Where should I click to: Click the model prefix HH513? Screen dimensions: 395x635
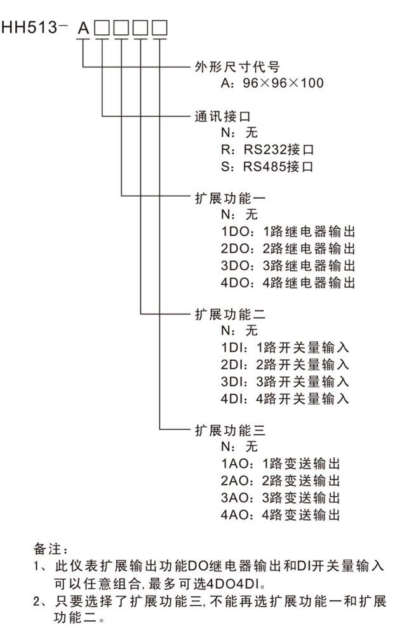coord(29,27)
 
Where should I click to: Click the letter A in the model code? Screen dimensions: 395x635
coord(83,29)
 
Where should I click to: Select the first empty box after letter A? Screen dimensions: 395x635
coord(101,28)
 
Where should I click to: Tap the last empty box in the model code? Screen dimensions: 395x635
coord(159,28)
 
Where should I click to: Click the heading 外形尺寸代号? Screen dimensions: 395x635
coord(237,67)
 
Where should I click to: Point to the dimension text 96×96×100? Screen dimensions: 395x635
coord(283,83)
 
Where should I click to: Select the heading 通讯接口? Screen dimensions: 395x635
coord(222,117)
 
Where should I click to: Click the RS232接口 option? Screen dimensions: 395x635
coord(279,149)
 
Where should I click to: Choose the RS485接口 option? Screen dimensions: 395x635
coord(278,166)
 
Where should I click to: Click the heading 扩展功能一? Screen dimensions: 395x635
coord(230,198)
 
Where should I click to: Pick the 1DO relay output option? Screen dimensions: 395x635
coord(288,232)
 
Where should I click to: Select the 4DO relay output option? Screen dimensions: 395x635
coord(288,283)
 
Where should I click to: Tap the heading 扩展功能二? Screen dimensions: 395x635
coord(230,314)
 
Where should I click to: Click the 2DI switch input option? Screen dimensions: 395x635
coord(285,364)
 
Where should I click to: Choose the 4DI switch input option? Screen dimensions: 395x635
coord(285,399)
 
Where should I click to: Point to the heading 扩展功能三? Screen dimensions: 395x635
coord(230,430)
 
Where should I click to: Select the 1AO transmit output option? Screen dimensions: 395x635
coord(280,464)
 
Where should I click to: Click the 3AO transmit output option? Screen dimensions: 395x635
coord(280,498)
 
